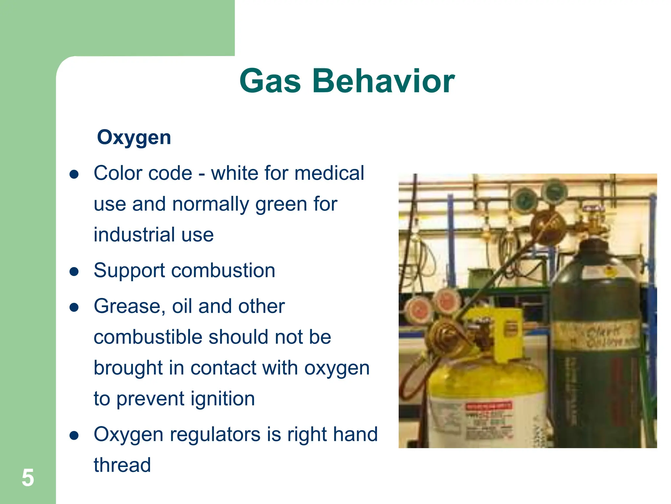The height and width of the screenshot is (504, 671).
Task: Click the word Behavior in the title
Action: pyautogui.click(x=383, y=81)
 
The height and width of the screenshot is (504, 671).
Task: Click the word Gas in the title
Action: pyautogui.click(x=270, y=81)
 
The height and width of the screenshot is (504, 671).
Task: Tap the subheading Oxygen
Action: pyautogui.click(x=134, y=137)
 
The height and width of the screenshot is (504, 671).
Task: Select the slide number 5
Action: pyautogui.click(x=28, y=478)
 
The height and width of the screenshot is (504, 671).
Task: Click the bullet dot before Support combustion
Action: pyautogui.click(x=74, y=272)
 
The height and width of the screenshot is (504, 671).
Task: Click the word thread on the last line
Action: pyautogui.click(x=122, y=465)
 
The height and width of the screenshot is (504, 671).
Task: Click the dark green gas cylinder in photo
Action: pyautogui.click(x=596, y=377)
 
